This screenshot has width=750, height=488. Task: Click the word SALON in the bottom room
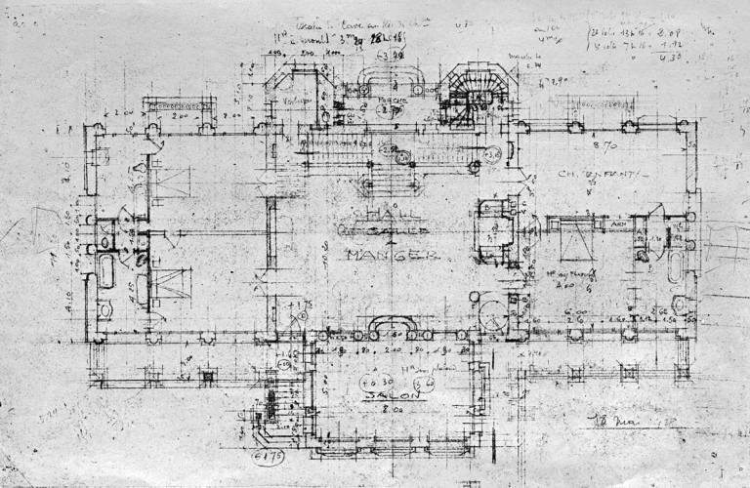tap(387, 398)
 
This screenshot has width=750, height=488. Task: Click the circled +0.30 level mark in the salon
tap(371, 381)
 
